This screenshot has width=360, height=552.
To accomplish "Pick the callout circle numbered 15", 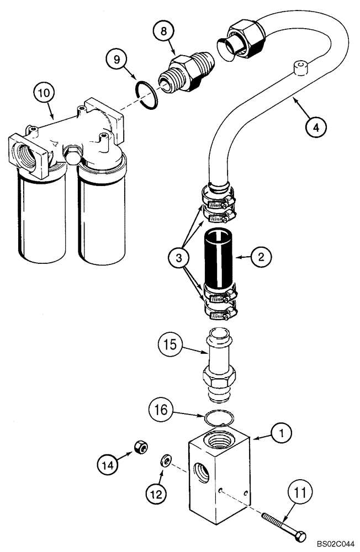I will point(171,347).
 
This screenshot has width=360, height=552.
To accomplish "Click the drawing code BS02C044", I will point(331,544).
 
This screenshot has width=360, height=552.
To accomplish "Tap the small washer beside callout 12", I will point(165,459).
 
